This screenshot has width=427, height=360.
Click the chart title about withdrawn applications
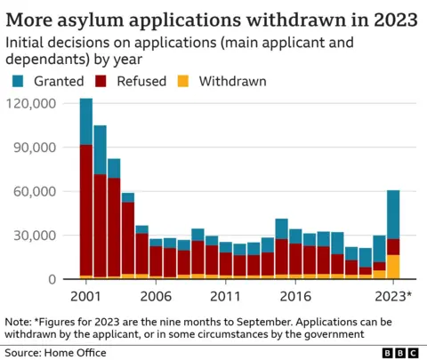tap(212, 17)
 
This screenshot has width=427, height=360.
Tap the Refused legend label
tap(141, 81)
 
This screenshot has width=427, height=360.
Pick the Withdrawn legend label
tap(232, 81)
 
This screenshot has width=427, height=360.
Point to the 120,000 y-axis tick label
tap(31, 103)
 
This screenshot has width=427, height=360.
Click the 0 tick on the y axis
tap(52, 279)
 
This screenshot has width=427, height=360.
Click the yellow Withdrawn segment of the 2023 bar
tap(392, 267)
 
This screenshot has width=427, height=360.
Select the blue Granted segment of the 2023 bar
tap(392, 214)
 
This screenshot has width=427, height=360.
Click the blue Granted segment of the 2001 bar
tap(86, 122)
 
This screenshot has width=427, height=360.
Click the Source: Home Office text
tap(55, 352)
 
